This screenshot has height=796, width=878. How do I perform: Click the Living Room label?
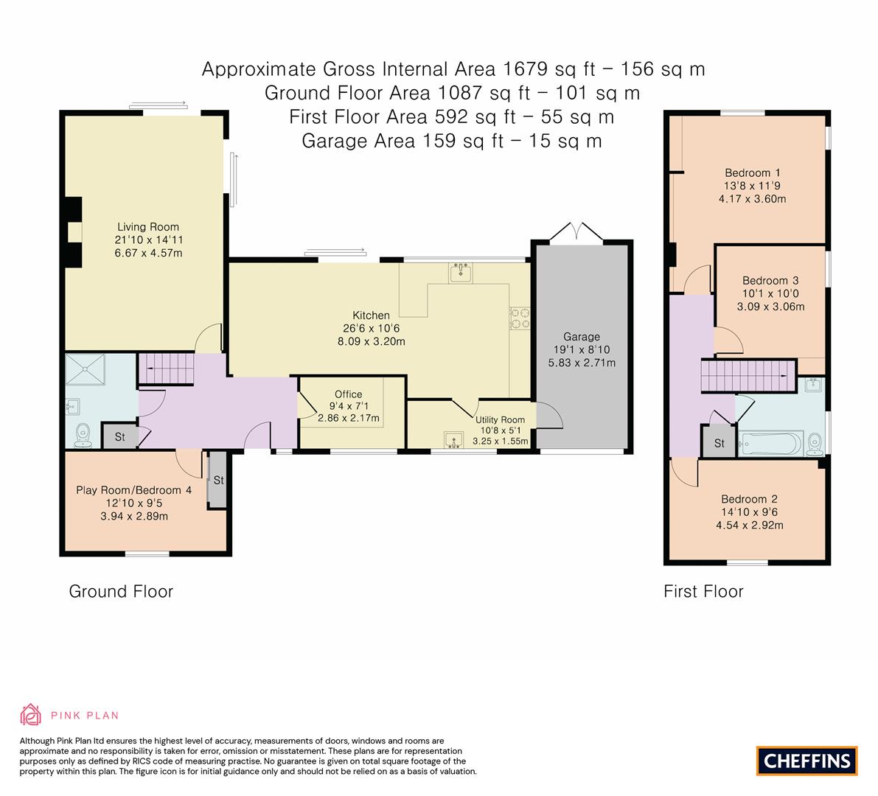point(148,227)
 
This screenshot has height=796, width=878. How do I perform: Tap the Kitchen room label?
point(371,315)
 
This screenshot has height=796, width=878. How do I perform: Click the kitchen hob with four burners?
point(519,317)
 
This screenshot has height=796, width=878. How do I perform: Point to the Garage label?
point(582,337)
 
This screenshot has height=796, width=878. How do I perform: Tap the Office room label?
point(348,394)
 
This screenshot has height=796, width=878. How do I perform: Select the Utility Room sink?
point(451,440)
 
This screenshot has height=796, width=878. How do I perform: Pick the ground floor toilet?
point(83,436)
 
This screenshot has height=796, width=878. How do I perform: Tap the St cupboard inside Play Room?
point(218,480)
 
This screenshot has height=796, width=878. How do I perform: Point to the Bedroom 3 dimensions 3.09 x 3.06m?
point(772,307)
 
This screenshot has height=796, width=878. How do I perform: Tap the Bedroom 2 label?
point(749,499)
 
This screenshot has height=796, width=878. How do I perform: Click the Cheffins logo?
point(806,761)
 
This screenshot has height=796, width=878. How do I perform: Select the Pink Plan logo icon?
point(31,714)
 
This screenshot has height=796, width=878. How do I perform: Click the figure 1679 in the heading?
point(527,69)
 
